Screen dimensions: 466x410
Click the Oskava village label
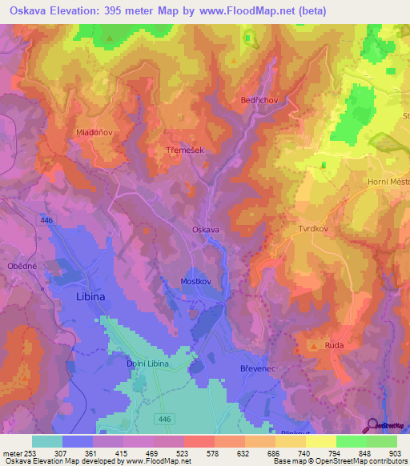coord(206,230)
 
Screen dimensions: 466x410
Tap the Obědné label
coord(22,266)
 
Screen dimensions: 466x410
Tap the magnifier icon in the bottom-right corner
coord(373,426)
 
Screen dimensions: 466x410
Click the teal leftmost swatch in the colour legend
coord(46,441)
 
